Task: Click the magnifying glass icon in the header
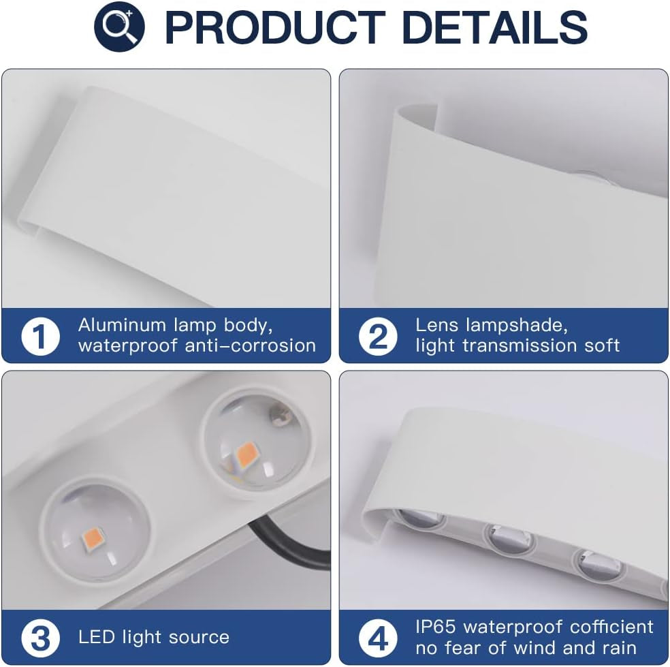pos(119,27)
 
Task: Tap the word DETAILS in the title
pos(495,27)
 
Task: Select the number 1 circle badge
pos(40,336)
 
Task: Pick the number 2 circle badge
pos(378,336)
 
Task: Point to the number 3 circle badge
pos(40,638)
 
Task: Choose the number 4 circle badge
pos(378,638)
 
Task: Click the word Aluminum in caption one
pos(122,325)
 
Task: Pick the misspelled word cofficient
pos(611,627)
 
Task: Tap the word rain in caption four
pos(618,648)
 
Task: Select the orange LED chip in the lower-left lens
pos(92,540)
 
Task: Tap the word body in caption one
pos(249,326)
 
